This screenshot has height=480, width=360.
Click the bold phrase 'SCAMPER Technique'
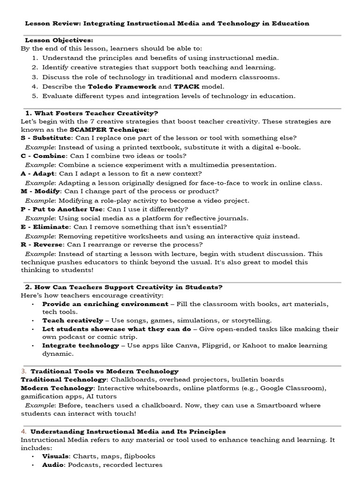click(108, 129)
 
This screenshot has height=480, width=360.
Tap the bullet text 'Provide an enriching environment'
click(105, 304)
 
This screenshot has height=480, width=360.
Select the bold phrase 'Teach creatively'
click(73, 320)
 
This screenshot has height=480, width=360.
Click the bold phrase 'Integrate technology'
click(81, 345)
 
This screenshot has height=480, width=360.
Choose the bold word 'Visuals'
click(55, 456)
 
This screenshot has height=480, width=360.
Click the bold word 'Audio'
click(52, 465)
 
